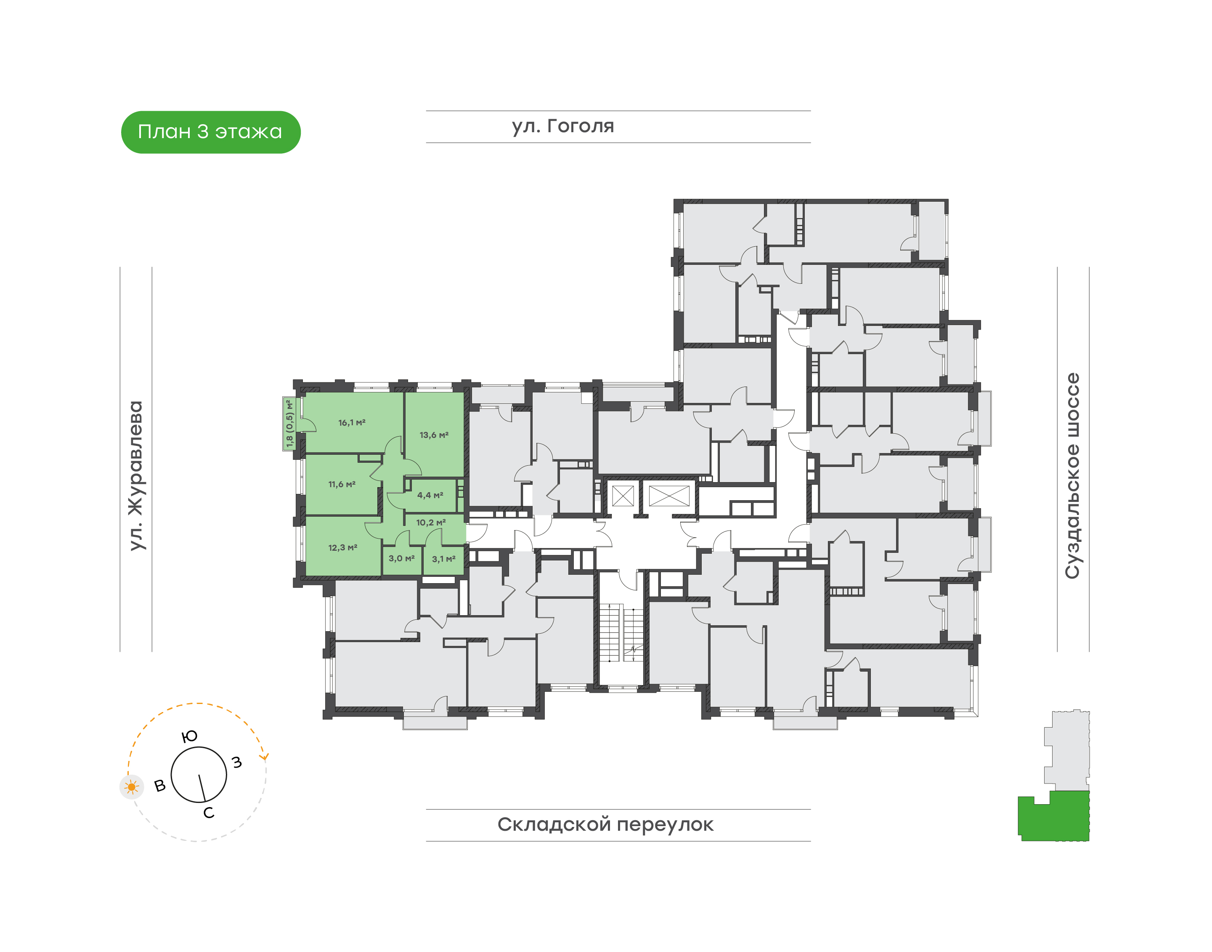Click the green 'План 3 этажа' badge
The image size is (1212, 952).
point(210,132)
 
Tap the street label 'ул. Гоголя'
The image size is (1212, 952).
point(562,126)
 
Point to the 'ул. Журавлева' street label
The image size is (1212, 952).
point(136,475)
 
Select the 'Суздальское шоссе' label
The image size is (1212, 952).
point(1072,475)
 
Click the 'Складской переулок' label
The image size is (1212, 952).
point(605,824)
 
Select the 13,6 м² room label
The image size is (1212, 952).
point(434,435)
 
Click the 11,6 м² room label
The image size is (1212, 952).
point(342,484)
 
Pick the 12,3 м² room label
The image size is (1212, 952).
point(342,547)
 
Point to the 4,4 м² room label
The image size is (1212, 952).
point(430,495)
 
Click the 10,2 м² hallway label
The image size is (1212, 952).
point(431,522)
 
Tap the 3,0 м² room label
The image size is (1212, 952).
point(402,558)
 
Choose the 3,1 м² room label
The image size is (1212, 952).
point(443,558)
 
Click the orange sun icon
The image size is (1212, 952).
point(131,787)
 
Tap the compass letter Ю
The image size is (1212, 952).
point(189,736)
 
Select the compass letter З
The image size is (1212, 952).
point(237,762)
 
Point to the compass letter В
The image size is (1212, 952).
point(160,785)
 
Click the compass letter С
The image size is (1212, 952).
point(209,813)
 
